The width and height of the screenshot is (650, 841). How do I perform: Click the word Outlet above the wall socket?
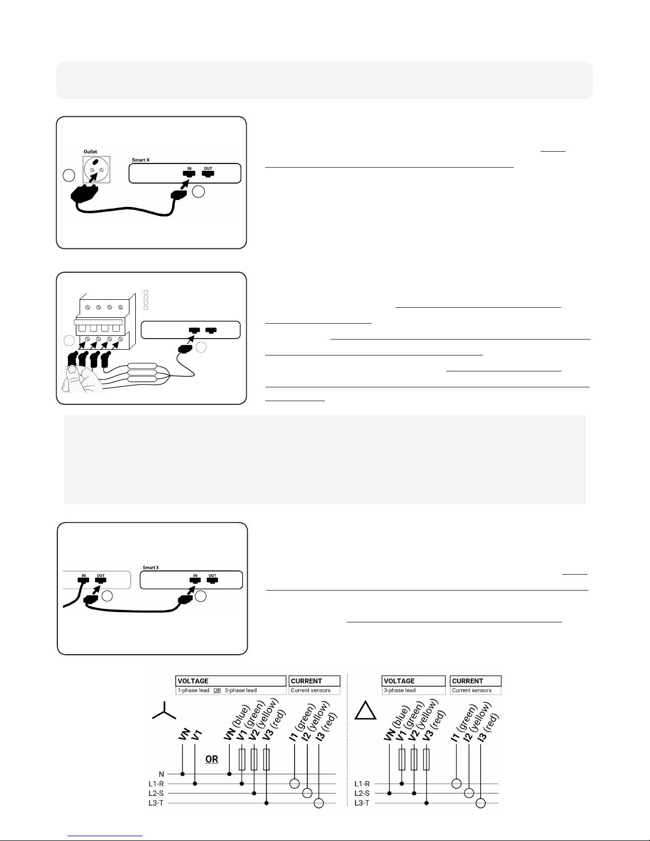pyautogui.click(x=90, y=152)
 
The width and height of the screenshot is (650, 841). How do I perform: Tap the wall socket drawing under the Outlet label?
pyautogui.click(x=97, y=169)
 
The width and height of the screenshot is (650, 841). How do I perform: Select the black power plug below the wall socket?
pyautogui.click(x=84, y=193)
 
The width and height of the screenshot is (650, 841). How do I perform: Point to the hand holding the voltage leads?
pyautogui.click(x=81, y=379)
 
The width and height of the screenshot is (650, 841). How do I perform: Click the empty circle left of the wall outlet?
pyautogui.click(x=69, y=175)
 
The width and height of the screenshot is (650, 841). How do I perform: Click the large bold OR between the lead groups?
pyautogui.click(x=212, y=759)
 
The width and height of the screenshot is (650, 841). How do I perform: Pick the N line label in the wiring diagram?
pyautogui.click(x=161, y=774)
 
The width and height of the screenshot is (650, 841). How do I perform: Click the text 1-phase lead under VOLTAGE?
pyautogui.click(x=194, y=690)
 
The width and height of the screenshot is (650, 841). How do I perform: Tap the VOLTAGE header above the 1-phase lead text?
pyautogui.click(x=193, y=681)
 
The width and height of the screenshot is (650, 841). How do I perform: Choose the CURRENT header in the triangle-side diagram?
pyautogui.click(x=467, y=681)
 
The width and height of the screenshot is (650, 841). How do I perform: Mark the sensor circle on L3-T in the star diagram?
pyautogui.click(x=319, y=803)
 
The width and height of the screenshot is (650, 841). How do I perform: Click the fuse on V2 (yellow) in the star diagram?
pyautogui.click(x=254, y=759)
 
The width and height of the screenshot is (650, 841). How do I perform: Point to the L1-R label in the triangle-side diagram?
pyautogui.click(x=362, y=784)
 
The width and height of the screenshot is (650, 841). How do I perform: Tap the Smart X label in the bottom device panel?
pyautogui.click(x=151, y=567)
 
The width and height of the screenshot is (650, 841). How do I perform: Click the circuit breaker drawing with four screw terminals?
pyautogui.click(x=105, y=321)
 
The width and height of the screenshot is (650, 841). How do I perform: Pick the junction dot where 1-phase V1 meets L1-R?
pyautogui.click(x=195, y=784)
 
